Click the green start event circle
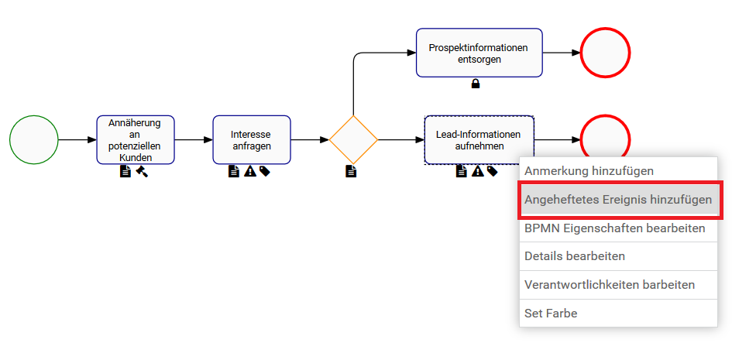coord(33,140)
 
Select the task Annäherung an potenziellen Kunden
coord(136,140)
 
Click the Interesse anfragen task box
coord(252,140)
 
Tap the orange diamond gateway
coord(353,140)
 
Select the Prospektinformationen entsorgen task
coord(479,53)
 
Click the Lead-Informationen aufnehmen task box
coord(479,140)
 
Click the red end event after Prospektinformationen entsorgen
coord(605,53)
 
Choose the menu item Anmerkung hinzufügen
coord(589,170)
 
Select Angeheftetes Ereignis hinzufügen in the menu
coord(618,200)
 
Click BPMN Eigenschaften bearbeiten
coord(615,228)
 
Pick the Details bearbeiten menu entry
coord(575,256)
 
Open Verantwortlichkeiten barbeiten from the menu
coord(610,285)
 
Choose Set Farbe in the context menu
coord(551,314)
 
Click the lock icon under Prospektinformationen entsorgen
coord(476,84)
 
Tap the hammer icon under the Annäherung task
coord(142,171)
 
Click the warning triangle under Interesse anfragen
coord(249,171)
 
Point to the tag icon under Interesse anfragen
coord(265,171)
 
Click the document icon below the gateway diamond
coord(351,171)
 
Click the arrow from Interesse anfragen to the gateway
coord(310,140)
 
